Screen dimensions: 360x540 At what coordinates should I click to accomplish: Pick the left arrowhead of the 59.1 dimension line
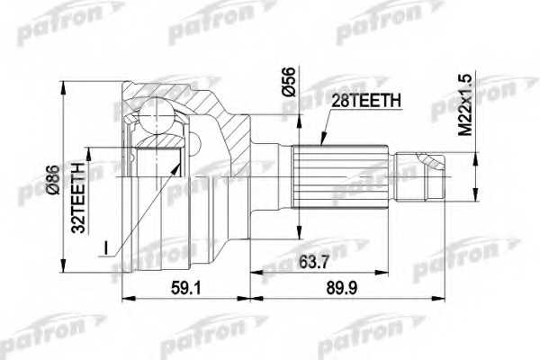tap(123, 297)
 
